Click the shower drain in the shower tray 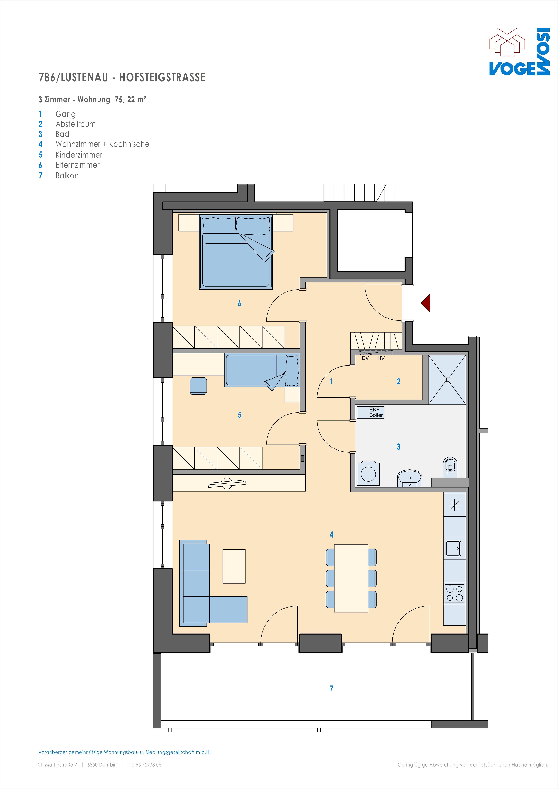click(x=447, y=379)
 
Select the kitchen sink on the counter click(x=453, y=548)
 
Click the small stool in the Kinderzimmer click(x=198, y=386)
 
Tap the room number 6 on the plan click(x=239, y=303)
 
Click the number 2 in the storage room click(x=398, y=381)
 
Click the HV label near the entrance click(x=381, y=358)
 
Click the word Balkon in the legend click(x=67, y=176)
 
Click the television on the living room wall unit click(x=227, y=483)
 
